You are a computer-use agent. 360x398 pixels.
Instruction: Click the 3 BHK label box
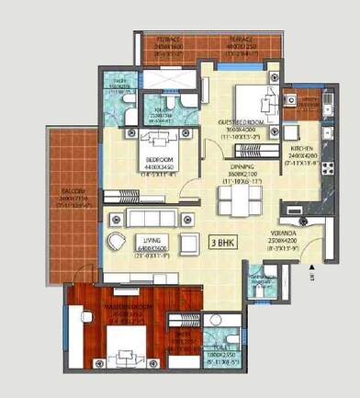(x=222, y=244)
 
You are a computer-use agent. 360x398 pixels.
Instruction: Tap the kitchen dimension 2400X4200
(x=303, y=156)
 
